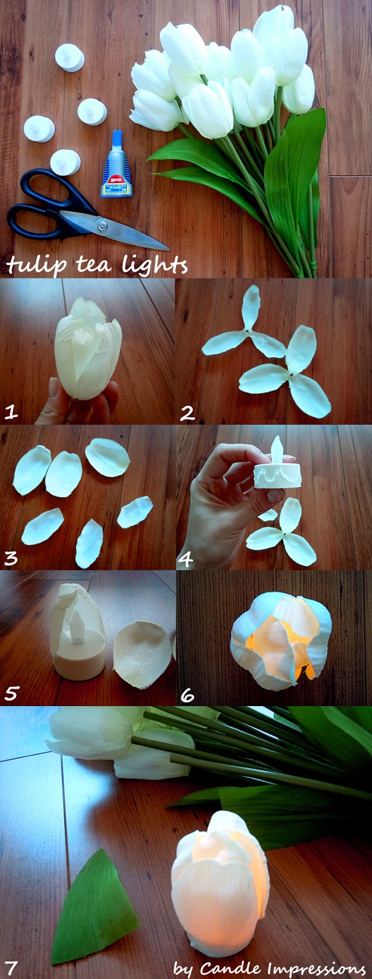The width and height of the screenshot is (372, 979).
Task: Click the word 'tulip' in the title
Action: click(x=37, y=265)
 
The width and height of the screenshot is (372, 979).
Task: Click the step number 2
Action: click(x=188, y=412)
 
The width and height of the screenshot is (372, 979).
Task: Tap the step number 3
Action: click(x=11, y=557)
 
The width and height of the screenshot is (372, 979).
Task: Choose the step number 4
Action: click(x=186, y=559)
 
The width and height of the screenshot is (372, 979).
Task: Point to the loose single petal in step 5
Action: click(x=143, y=654)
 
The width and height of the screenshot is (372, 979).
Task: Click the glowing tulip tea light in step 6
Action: click(x=281, y=642)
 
